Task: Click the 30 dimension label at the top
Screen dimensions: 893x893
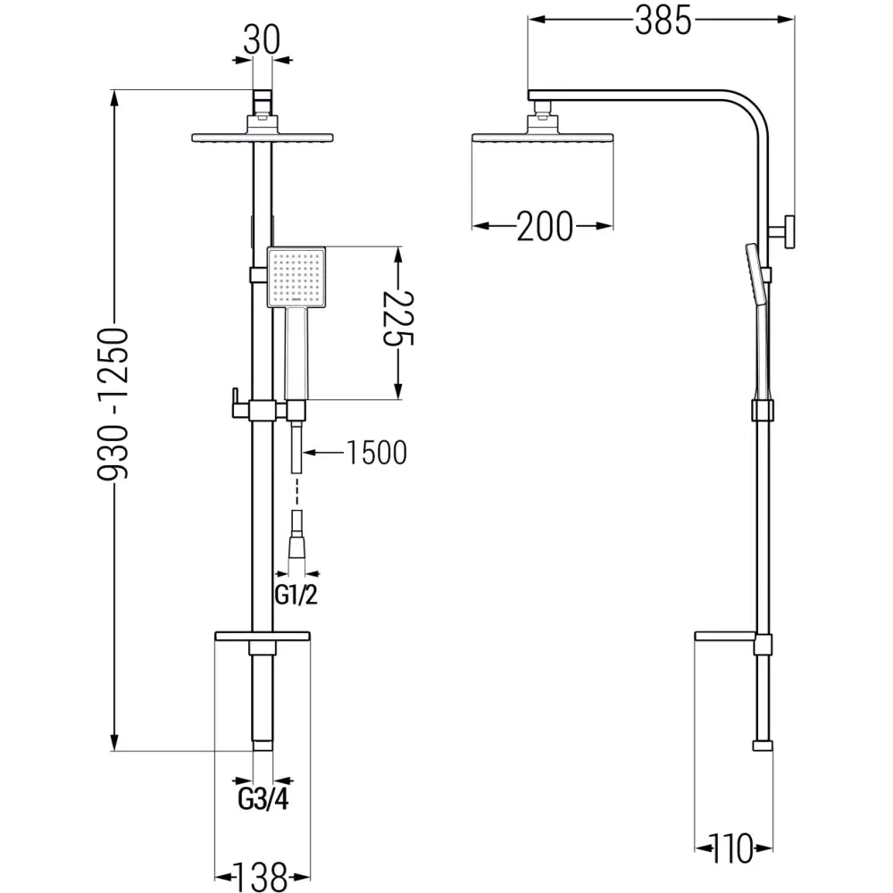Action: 260,39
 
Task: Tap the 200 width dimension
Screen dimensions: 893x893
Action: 544,228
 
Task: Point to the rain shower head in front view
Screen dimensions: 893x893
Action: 262,138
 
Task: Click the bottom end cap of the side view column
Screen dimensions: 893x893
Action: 762,745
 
